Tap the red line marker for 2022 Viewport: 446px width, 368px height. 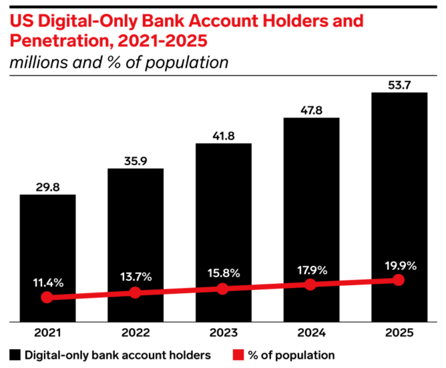point(135,293)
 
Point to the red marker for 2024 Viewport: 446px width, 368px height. point(310,285)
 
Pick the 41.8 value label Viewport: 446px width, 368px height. point(223,136)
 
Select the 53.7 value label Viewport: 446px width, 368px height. point(399,84)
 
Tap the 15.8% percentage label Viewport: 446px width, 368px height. point(223,273)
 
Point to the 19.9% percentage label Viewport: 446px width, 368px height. point(399,265)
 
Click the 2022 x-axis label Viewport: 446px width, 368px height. point(135,332)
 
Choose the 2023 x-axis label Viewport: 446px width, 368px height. point(223,332)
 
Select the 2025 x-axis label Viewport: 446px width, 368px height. point(399,332)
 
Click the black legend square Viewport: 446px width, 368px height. point(15,354)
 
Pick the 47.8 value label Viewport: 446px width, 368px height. point(310,110)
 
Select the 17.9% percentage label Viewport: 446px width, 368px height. point(310,269)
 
